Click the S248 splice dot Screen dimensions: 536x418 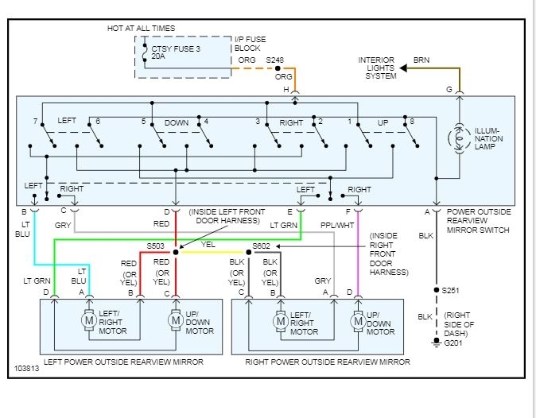[x=278, y=68]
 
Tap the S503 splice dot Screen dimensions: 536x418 [x=176, y=253]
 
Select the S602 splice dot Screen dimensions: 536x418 [x=249, y=253]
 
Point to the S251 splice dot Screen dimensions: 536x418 [x=436, y=290]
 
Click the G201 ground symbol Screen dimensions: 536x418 [x=436, y=343]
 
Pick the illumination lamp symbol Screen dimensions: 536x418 [x=460, y=138]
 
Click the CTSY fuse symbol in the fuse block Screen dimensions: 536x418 [x=145, y=52]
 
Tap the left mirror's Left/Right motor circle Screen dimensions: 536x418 [x=89, y=320]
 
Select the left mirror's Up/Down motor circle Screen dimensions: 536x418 [x=176, y=320]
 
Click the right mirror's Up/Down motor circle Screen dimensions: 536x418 [x=358, y=321]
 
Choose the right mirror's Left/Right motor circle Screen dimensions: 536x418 [x=281, y=321]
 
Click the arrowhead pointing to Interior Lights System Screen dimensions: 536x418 [x=403, y=68]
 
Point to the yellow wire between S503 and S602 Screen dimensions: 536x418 [x=212, y=253]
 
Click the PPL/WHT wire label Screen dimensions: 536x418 [x=337, y=226]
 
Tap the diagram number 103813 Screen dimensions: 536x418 [x=27, y=369]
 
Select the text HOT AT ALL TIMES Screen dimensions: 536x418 [x=142, y=29]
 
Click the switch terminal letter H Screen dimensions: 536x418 [x=286, y=90]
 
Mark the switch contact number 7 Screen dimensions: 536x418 [x=35, y=122]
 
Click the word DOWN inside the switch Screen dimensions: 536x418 [x=177, y=122]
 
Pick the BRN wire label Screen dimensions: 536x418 [x=421, y=60]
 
